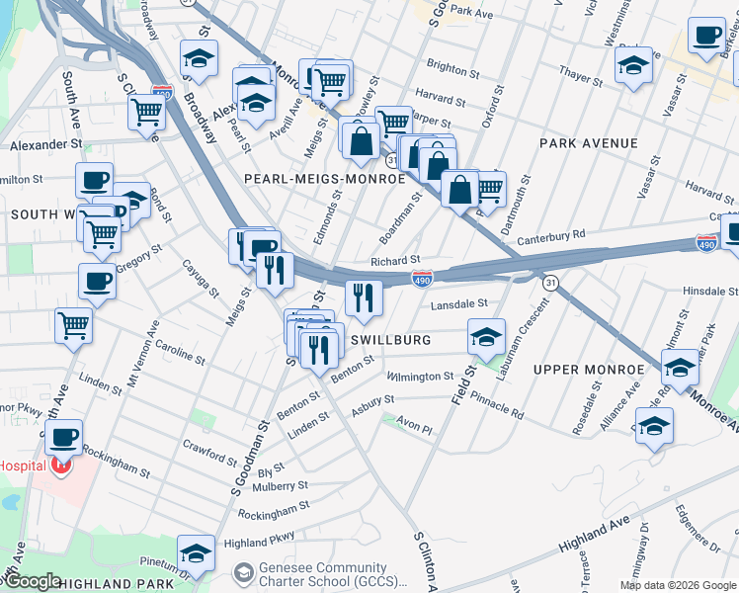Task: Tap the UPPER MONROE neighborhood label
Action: pyautogui.click(x=588, y=370)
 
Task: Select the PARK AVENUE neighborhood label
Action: pyautogui.click(x=589, y=143)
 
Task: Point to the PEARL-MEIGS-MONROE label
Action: pyautogui.click(x=324, y=179)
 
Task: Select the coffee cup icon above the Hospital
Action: pyautogui.click(x=64, y=436)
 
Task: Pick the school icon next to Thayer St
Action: pyautogui.click(x=632, y=65)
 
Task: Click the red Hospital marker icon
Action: pyautogui.click(x=63, y=465)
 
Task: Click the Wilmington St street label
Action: pyautogui.click(x=420, y=377)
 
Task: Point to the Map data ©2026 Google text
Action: pyautogui.click(x=677, y=585)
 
